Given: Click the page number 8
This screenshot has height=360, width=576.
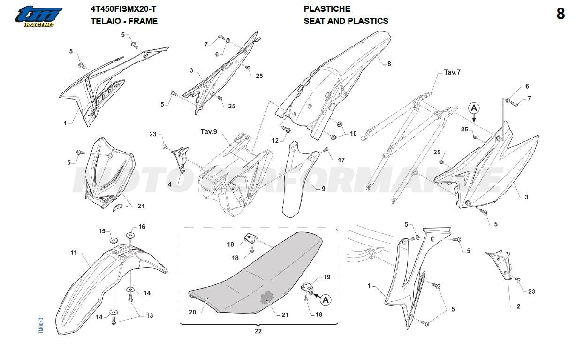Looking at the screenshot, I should [561, 15].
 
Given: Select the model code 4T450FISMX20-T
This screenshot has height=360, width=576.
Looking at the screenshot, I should [123, 9].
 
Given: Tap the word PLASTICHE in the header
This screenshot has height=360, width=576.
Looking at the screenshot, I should [327, 9].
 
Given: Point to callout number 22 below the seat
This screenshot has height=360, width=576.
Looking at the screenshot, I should [258, 331].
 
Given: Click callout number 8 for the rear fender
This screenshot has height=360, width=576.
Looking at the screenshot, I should [389, 64].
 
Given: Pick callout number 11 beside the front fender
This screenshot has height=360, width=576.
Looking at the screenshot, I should [74, 253].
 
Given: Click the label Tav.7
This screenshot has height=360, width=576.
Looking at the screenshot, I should [452, 73].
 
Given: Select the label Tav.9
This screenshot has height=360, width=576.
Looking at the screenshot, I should [209, 132].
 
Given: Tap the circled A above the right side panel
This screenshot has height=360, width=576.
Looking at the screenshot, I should [474, 108].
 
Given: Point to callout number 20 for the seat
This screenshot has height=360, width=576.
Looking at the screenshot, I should [192, 312].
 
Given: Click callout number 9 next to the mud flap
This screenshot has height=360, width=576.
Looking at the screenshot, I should [323, 189].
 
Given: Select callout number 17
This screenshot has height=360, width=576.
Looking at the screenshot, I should [341, 161].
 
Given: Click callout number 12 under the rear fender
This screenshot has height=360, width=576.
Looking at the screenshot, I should [275, 140].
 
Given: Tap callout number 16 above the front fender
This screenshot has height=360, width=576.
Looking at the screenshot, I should [142, 227].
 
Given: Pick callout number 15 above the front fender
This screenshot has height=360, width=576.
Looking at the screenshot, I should [102, 231].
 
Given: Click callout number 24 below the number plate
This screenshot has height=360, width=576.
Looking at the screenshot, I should [141, 206].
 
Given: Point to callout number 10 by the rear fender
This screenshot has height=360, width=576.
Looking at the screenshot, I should [353, 134].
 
